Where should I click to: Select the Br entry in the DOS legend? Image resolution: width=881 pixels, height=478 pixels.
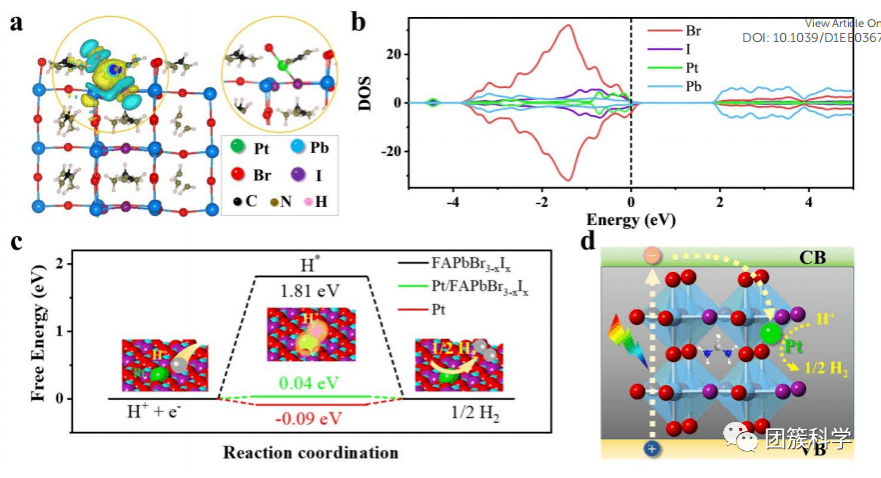771,32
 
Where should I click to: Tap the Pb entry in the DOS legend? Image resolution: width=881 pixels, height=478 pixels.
771,88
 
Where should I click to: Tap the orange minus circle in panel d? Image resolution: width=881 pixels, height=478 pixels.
652,255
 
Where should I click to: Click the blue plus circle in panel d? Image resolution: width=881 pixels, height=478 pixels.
652,449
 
